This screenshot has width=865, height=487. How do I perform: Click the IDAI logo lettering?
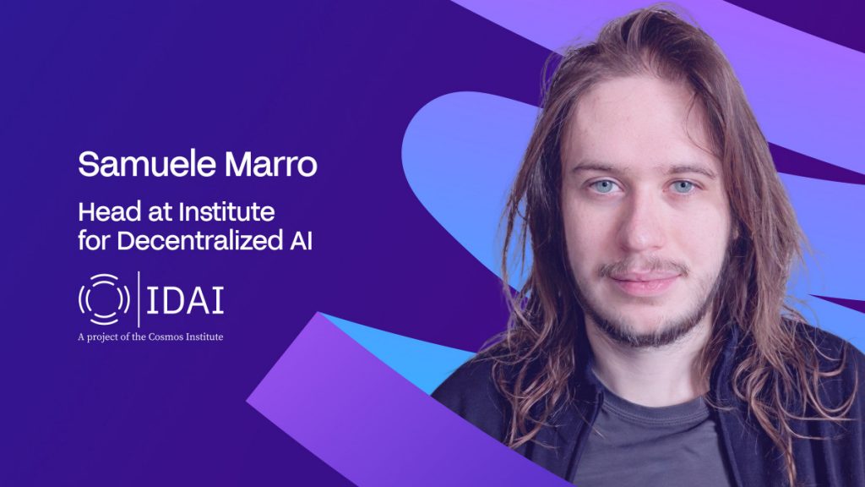click(185, 300)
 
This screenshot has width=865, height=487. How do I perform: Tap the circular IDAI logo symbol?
click(104, 299)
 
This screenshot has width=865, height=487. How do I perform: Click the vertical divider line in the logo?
click(139, 299)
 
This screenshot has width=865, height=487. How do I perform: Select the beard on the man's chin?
click(646, 326)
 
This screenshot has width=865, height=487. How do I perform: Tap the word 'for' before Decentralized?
click(93, 240)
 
